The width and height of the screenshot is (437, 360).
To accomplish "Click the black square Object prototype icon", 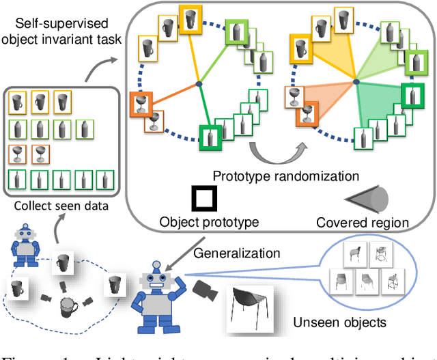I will [x=204, y=199].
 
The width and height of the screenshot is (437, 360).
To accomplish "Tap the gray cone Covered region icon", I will [x=369, y=199].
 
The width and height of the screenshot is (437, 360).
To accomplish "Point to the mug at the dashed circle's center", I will [x=68, y=305].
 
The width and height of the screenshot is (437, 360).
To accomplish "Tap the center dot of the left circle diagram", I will [x=198, y=83].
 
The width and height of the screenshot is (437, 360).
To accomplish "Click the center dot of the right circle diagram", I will [x=354, y=83].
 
